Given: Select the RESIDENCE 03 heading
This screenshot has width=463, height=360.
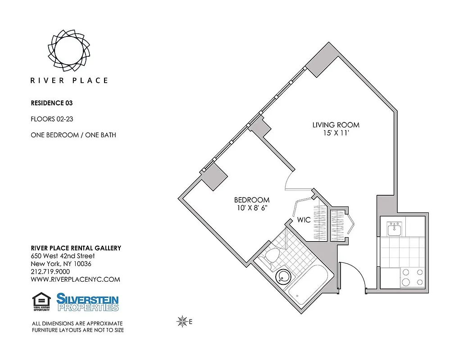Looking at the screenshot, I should [51, 103].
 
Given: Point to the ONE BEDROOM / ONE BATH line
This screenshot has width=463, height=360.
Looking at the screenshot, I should [73, 135].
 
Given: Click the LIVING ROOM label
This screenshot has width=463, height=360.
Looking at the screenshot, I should [336, 125].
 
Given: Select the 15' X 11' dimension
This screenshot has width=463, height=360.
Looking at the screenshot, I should [336, 133].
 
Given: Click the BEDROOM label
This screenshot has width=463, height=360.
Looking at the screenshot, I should [252, 200].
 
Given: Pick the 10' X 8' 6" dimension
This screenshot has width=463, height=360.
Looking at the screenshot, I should [252, 208].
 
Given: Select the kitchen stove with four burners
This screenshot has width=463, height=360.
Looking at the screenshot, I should [413, 277].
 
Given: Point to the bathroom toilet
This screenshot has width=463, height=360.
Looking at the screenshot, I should [272, 256].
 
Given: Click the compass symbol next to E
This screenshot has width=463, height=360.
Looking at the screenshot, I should [182, 321].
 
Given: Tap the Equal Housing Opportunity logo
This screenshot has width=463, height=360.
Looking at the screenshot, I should [41, 301].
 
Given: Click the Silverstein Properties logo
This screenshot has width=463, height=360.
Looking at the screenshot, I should [87, 301].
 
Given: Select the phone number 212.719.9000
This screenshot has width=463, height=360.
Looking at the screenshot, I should [50, 271].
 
